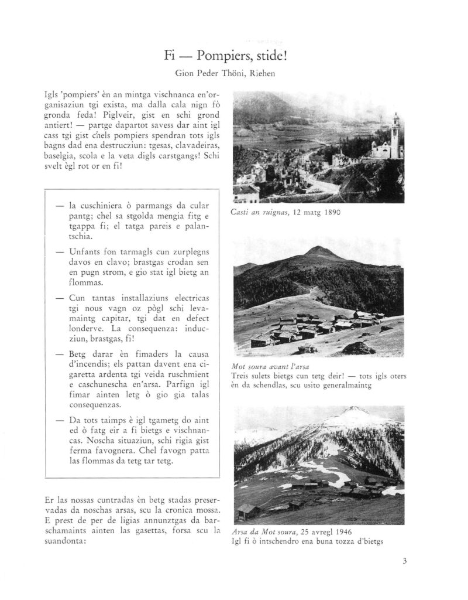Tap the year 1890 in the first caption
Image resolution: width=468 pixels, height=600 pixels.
(329, 213)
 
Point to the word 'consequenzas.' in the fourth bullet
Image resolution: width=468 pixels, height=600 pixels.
(98, 405)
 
